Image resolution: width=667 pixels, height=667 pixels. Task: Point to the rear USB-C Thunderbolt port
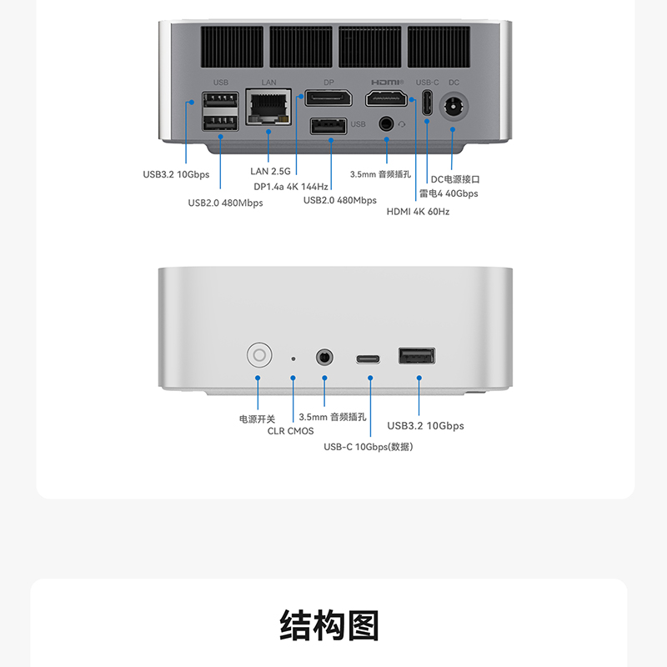point(427,104)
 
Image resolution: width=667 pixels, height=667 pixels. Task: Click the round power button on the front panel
point(259,356)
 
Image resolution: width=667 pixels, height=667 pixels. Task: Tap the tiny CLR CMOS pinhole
point(293,359)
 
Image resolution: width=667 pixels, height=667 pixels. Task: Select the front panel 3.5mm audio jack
point(324,358)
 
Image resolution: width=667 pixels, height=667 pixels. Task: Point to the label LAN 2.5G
point(270,172)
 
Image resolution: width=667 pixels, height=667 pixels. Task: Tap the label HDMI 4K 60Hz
point(418,212)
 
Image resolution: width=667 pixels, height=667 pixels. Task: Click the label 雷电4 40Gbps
point(449,193)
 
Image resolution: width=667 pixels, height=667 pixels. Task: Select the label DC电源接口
point(455,179)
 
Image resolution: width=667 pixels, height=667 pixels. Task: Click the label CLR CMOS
point(290,431)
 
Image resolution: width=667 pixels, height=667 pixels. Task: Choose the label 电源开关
point(257,419)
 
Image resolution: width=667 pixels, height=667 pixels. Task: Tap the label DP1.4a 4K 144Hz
point(291,187)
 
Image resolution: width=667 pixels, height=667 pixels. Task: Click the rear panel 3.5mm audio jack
point(386,123)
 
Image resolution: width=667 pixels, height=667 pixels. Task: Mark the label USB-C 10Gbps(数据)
point(369,447)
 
